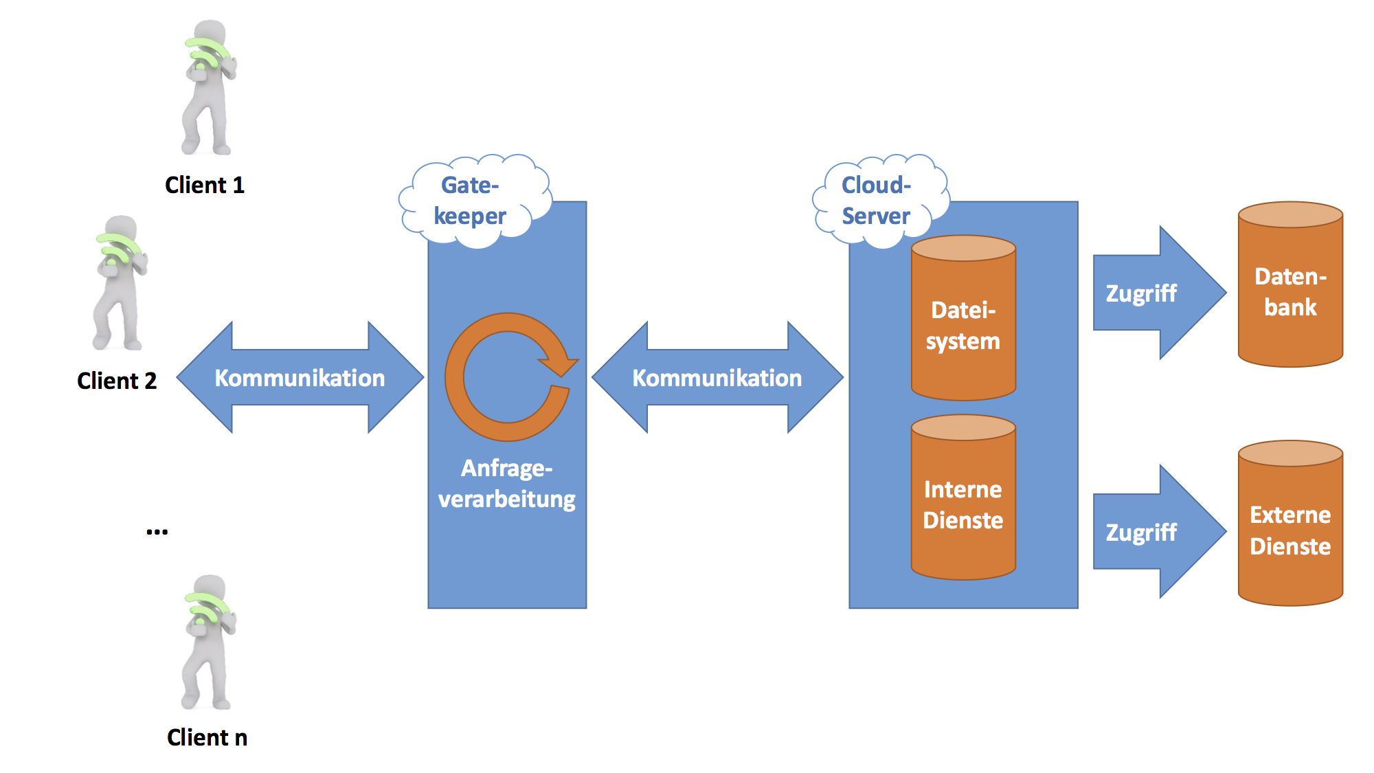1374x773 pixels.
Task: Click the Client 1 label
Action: [x=205, y=185]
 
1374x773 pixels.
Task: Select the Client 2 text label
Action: [x=117, y=381]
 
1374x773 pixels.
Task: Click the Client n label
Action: [x=207, y=737]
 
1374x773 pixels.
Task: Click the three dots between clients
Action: [x=157, y=532]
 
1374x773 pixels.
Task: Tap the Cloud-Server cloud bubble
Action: [x=877, y=200]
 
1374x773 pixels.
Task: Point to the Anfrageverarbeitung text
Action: [x=507, y=484]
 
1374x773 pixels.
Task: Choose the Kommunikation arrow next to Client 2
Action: [x=300, y=378]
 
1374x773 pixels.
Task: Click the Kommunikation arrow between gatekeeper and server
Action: [x=717, y=378]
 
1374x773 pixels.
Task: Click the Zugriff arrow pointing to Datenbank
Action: [x=1154, y=293]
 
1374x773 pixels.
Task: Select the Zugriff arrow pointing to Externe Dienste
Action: [x=1154, y=533]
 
